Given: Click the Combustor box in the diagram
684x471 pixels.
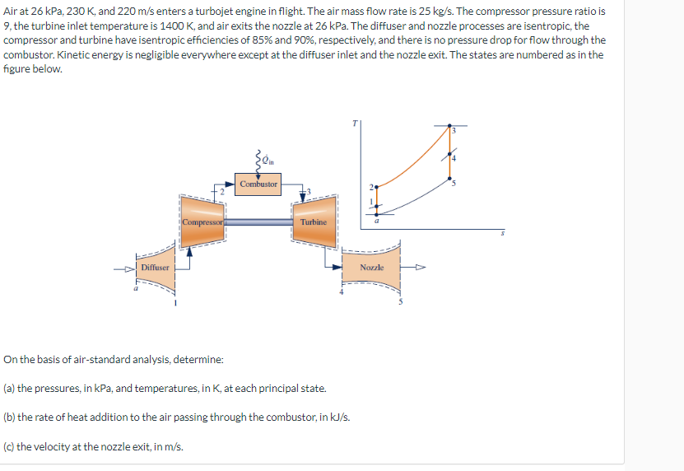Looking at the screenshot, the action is [x=258, y=184].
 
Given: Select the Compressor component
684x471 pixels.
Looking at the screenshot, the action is [x=202, y=222].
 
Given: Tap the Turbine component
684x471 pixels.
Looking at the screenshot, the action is [x=314, y=222].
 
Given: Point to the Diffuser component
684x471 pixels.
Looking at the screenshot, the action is [x=156, y=267].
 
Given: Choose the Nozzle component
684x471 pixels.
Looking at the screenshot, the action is [x=371, y=267].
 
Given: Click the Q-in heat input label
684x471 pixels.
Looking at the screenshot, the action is [x=268, y=161].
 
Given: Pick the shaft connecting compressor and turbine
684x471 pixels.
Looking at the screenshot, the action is [x=258, y=222].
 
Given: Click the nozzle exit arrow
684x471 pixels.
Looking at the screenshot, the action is [x=412, y=267].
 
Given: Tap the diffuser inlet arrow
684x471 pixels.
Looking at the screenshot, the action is [x=125, y=269].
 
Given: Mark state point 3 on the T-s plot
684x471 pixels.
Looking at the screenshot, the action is [x=449, y=126].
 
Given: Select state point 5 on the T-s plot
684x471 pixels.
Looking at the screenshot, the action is [x=449, y=178].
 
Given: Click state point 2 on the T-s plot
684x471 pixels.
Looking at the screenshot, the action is [x=376, y=187].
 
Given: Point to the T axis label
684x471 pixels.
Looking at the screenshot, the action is [x=355, y=124].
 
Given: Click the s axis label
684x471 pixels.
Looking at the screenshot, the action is [x=503, y=233].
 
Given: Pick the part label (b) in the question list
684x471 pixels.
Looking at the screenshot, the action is [x=9, y=417].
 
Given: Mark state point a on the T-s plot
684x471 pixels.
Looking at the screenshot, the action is [x=377, y=214].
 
